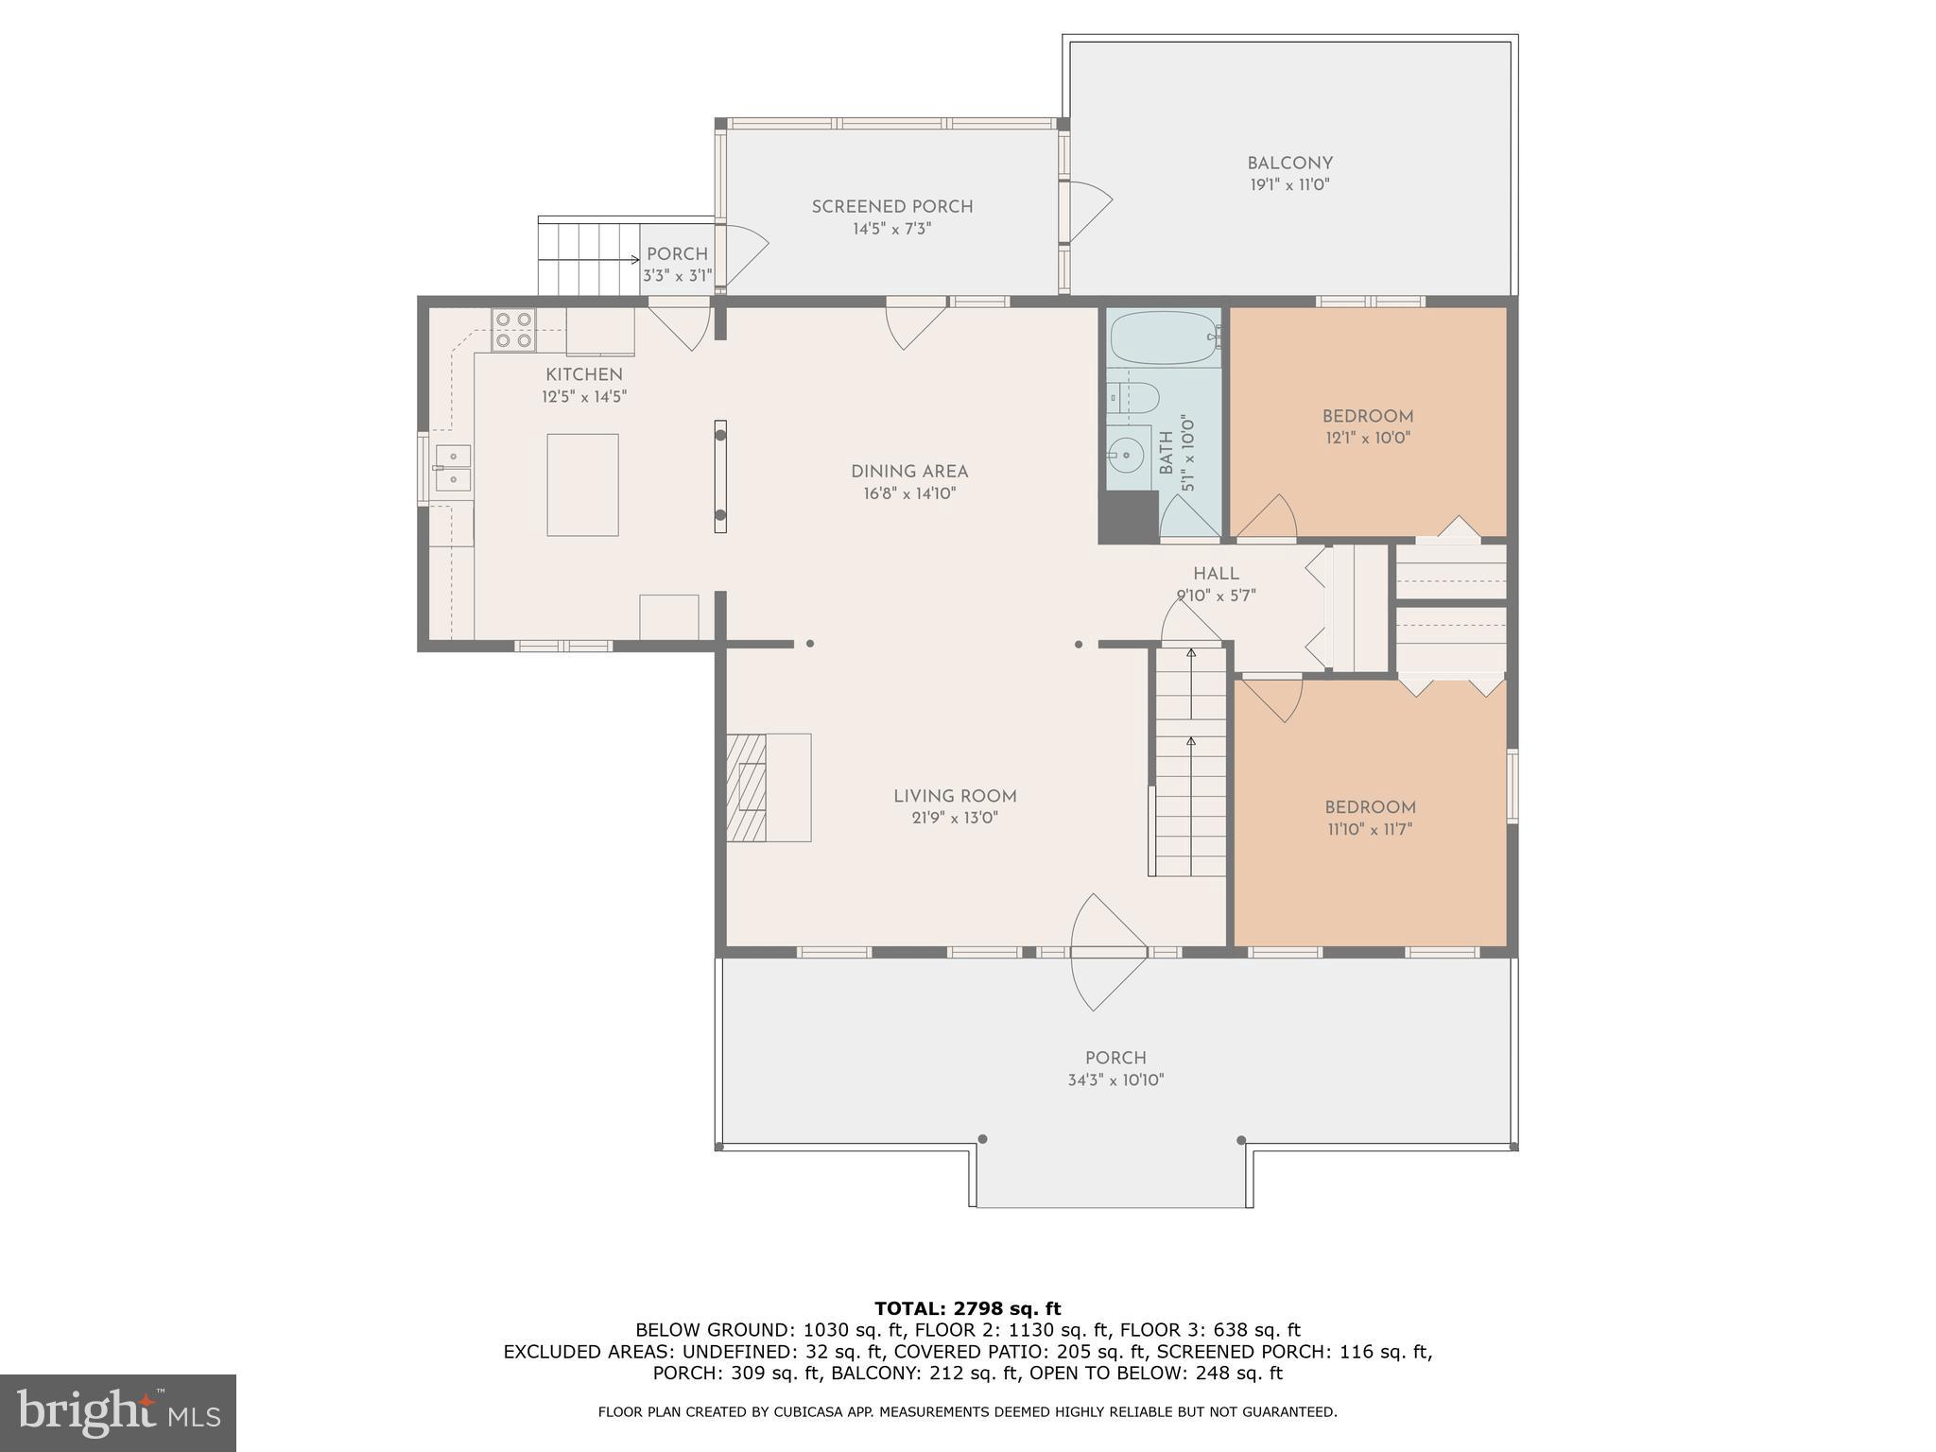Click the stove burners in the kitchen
513,330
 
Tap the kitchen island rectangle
582,485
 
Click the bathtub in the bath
1164,338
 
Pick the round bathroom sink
1125,458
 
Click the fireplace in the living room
747,787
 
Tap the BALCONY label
1289,164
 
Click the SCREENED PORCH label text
891,206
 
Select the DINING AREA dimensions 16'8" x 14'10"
908,493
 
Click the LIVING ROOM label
955,796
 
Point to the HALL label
1216,574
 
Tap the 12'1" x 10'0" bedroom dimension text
1367,439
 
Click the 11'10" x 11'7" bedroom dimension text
1369,830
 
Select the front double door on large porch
1108,952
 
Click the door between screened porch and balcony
1087,202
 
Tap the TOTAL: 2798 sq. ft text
967,1309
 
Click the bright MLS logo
117,1412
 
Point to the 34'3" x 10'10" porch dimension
1115,1080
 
